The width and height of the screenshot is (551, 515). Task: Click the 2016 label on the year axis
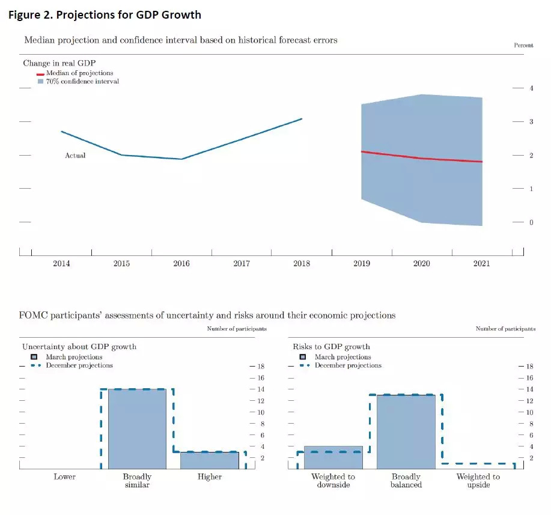(181, 264)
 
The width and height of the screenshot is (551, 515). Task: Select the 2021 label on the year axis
(481, 264)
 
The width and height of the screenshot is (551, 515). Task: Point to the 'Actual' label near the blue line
(75, 156)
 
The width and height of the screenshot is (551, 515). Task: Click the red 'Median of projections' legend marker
(41, 74)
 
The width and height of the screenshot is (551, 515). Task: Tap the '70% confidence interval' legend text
(82, 81)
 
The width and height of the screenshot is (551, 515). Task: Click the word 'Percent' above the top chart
(523, 46)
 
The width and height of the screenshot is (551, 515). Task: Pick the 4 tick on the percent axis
(531, 88)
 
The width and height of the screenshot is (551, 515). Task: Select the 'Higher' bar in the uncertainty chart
(210, 460)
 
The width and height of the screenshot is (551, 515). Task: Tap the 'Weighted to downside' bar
(333, 457)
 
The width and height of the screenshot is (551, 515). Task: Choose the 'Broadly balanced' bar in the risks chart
(406, 431)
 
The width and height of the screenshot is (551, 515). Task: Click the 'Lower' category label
(64, 477)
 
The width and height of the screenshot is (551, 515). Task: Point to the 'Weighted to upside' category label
(478, 481)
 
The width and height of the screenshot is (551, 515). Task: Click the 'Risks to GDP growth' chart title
(331, 347)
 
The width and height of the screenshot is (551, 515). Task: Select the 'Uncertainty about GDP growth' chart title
(79, 347)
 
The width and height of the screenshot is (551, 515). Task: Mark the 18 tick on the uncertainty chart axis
(261, 367)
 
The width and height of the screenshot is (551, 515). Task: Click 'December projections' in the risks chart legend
(348, 365)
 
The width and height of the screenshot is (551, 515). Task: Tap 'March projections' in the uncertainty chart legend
(74, 357)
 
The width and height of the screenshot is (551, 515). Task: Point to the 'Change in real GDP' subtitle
(59, 63)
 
